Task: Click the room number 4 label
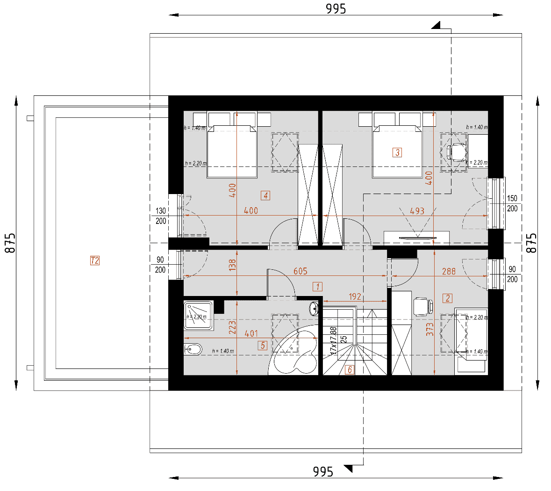coord(265,195)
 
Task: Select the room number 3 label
coord(397,152)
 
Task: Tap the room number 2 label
coord(448,298)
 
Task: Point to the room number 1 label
coord(318,287)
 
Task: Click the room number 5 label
coord(263,346)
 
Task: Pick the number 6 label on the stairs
coord(349,370)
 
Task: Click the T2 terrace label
coord(95,260)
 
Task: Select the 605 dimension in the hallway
coord(300,271)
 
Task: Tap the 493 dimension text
coord(417,211)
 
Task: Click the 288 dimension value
coord(449,271)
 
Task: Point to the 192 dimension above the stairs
coord(355,296)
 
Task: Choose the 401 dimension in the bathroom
coord(251,333)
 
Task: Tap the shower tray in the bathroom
coord(199,316)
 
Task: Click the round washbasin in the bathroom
coord(315,308)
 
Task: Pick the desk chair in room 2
coord(423,306)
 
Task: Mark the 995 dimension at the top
coord(336,9)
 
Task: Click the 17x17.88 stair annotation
coord(334,340)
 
